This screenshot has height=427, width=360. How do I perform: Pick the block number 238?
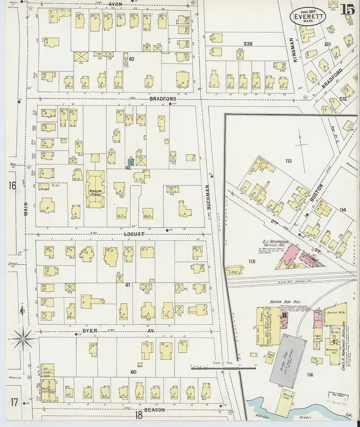pos(248,44)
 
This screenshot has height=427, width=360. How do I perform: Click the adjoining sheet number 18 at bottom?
pos(139,415)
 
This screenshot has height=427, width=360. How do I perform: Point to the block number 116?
pos(310,375)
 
